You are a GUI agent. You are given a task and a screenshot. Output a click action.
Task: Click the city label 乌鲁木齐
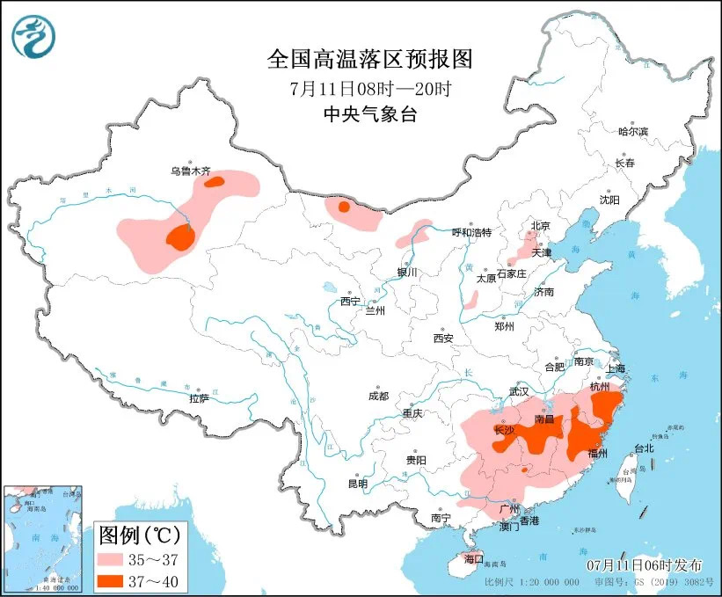point(191,172)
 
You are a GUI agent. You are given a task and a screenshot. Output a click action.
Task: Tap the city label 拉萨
point(199,398)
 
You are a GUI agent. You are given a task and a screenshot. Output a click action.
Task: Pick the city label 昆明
point(357,483)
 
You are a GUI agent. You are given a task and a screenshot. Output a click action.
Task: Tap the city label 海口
point(473,558)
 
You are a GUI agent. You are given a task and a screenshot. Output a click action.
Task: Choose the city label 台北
point(644,448)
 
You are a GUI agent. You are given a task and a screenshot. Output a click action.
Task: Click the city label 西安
point(442,339)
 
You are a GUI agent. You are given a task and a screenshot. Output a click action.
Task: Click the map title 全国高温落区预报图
point(369,59)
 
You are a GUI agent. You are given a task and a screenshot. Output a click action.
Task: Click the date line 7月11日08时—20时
point(369,88)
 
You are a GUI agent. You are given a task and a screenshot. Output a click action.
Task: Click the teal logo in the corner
point(33,36)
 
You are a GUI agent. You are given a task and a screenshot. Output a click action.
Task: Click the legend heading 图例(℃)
point(140,534)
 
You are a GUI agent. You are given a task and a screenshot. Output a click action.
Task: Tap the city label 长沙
point(503,431)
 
